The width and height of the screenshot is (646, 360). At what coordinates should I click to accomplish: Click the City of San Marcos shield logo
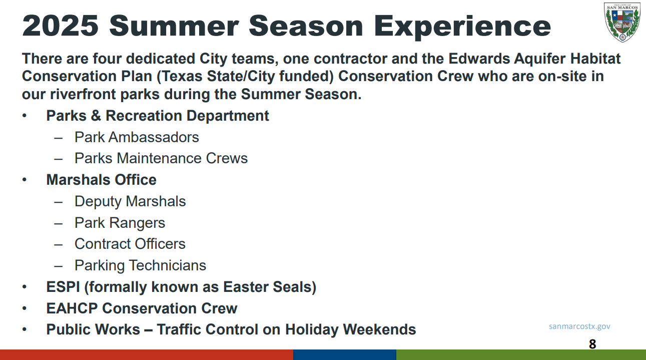click(x=622, y=23)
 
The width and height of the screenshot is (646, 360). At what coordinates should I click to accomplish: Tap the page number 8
click(x=592, y=344)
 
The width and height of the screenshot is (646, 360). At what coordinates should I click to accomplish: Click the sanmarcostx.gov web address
click(x=579, y=326)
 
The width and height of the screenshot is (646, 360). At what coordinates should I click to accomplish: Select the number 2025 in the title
click(x=60, y=26)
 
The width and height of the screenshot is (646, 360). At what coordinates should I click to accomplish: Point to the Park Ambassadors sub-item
click(x=137, y=137)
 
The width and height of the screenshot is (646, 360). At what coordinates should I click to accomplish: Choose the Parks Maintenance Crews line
click(x=161, y=158)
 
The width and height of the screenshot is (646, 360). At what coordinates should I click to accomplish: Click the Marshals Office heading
click(x=101, y=180)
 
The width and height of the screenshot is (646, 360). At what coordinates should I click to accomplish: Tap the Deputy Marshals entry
click(x=130, y=202)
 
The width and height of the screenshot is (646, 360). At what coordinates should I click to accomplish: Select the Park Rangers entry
click(x=120, y=223)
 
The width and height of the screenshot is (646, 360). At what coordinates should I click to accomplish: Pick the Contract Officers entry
click(x=130, y=244)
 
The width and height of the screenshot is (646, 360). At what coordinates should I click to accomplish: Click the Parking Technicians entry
click(x=140, y=266)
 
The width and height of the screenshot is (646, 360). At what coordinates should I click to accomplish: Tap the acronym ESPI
click(x=63, y=287)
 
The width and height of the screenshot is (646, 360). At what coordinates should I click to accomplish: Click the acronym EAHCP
click(x=72, y=308)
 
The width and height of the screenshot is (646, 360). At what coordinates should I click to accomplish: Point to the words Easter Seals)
click(x=270, y=287)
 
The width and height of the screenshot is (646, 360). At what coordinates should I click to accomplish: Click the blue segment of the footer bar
click(x=345, y=355)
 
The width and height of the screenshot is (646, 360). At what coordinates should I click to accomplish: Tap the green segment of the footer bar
click(x=521, y=355)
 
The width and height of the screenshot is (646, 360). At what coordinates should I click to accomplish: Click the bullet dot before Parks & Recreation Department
click(x=24, y=116)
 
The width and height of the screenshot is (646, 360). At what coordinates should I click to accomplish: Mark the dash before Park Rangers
click(x=58, y=224)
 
